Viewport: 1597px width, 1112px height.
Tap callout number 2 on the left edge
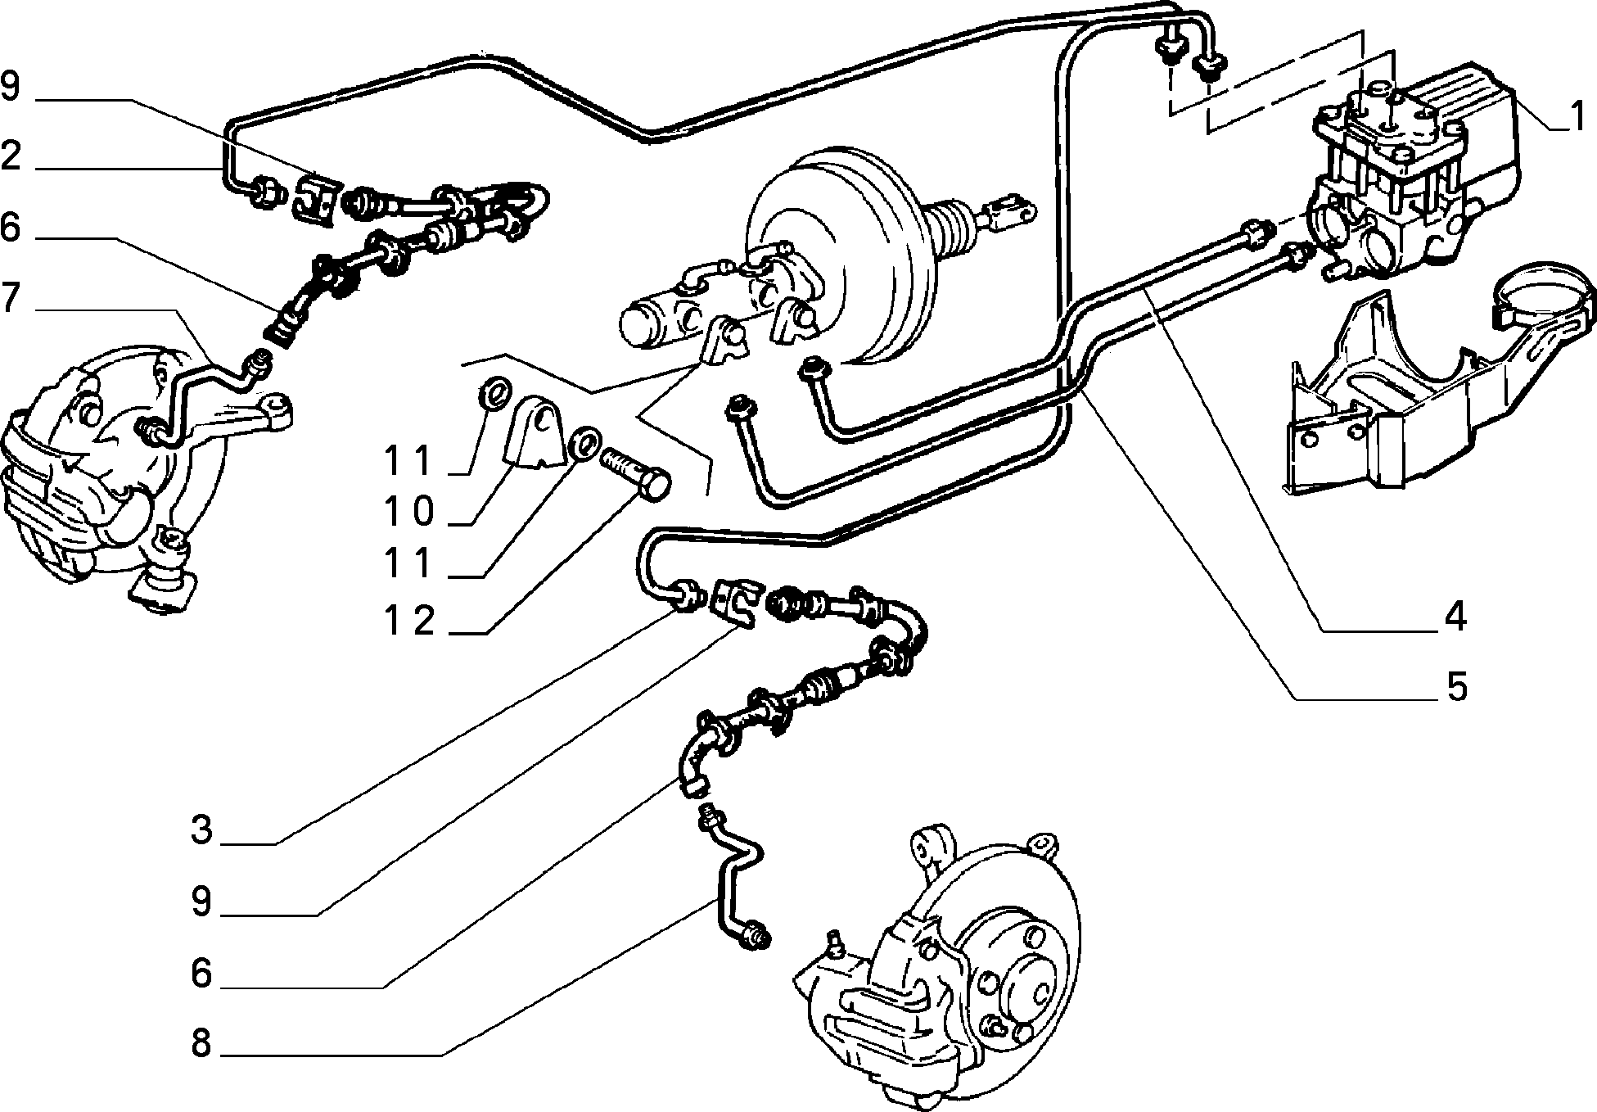[11, 156]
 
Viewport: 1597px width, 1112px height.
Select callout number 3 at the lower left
[201, 829]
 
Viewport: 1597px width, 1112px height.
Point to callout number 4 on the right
[1455, 617]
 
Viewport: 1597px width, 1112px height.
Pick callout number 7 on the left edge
[11, 299]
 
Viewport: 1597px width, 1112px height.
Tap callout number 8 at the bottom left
[201, 1044]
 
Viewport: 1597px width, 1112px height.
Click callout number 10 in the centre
[410, 513]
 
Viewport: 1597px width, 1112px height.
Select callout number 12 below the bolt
[410, 621]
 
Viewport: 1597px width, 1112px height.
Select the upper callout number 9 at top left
[11, 87]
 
